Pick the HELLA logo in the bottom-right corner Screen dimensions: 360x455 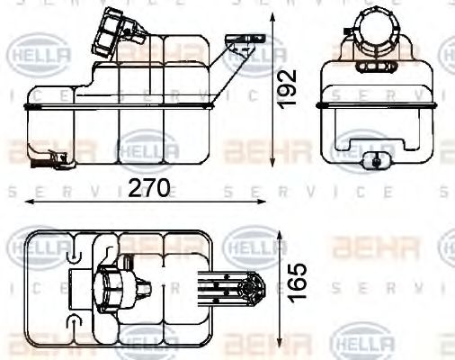click(x=362, y=343)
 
